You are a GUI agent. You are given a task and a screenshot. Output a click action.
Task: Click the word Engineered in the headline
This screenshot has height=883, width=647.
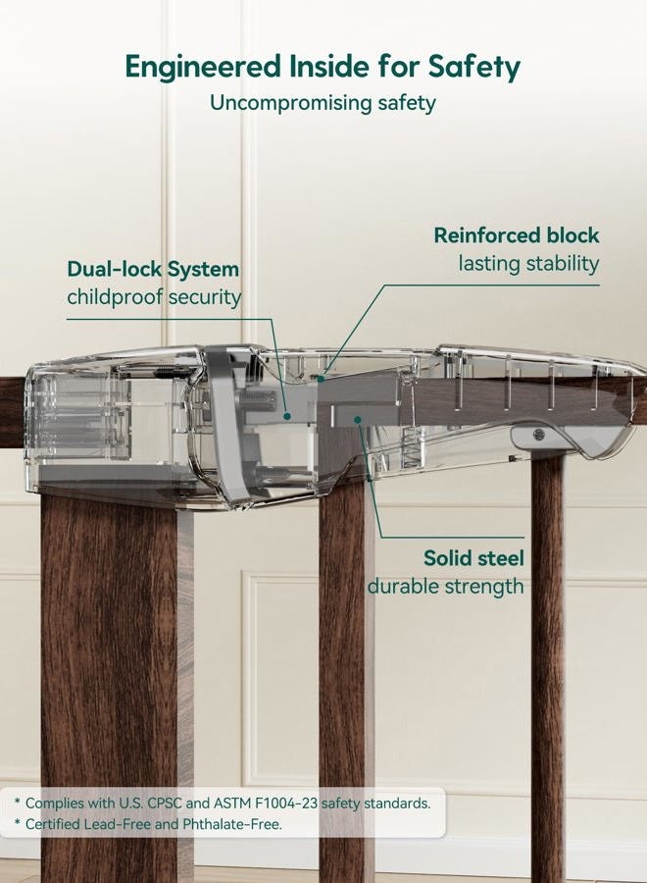(x=203, y=67)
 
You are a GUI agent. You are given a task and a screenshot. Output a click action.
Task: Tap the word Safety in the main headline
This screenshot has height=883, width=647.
(x=474, y=67)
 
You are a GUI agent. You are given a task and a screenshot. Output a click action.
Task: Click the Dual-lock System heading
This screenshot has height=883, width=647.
(x=153, y=269)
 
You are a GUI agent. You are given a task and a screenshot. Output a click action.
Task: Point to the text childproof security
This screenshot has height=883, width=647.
(x=154, y=296)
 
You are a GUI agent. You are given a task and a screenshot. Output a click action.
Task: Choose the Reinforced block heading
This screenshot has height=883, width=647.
(x=517, y=234)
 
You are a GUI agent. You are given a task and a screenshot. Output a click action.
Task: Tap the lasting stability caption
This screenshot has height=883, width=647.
(x=528, y=263)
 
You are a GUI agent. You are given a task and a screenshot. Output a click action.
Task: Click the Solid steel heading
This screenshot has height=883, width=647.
(x=473, y=557)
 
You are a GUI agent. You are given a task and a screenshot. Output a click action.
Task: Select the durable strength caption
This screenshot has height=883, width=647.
(x=446, y=587)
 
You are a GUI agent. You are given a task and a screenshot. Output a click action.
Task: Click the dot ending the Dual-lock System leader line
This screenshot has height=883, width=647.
(x=287, y=416)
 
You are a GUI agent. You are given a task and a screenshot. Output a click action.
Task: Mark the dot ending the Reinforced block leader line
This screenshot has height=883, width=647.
(x=321, y=379)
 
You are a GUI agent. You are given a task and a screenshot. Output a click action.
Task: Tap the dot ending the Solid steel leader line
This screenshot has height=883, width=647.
(x=357, y=420)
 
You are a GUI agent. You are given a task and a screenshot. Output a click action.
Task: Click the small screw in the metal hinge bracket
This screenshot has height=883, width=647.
(x=538, y=434)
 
